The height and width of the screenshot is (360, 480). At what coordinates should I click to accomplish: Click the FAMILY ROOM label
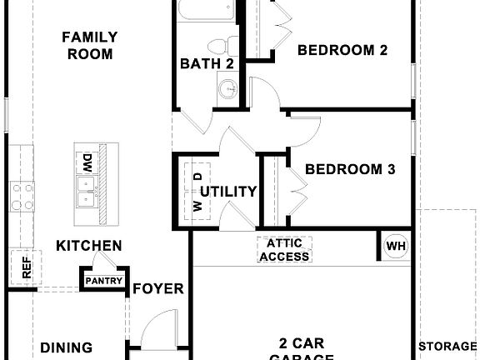tap(89, 46)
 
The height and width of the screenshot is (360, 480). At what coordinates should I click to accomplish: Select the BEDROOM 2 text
tap(342, 50)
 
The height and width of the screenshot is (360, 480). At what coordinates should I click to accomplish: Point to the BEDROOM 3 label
tap(349, 170)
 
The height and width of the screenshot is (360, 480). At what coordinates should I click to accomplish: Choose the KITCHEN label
tap(89, 246)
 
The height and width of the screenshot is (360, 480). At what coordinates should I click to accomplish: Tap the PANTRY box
tap(104, 280)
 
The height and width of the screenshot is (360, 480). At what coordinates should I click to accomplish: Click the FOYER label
tap(158, 289)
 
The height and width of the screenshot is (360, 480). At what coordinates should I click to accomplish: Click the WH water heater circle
tap(395, 247)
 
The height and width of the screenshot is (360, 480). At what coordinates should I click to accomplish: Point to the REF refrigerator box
tap(26, 267)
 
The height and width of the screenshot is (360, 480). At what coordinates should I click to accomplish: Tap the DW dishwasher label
tap(87, 161)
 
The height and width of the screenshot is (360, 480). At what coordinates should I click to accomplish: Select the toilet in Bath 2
tap(220, 45)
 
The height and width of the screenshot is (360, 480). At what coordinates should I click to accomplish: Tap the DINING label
tap(66, 348)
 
